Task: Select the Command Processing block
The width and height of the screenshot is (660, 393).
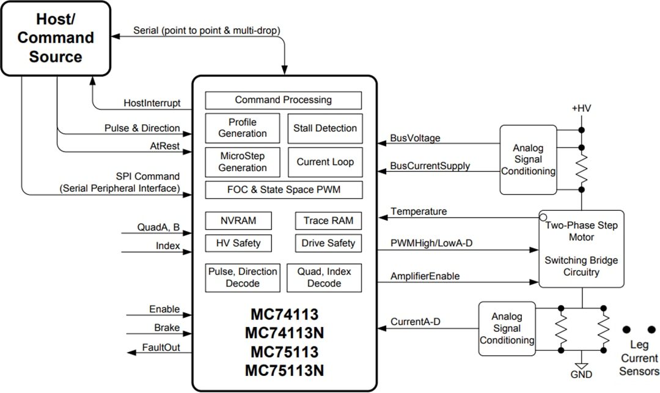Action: (x=283, y=100)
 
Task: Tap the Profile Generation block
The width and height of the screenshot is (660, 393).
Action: (x=243, y=128)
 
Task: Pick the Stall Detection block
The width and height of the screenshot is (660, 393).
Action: (x=324, y=128)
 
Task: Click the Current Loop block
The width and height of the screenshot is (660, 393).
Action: (x=324, y=163)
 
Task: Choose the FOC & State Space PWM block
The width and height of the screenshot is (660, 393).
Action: (x=283, y=190)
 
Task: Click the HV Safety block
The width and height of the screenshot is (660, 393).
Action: (x=238, y=243)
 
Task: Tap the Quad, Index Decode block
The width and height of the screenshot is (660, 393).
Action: (x=324, y=277)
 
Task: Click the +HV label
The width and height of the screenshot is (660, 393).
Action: (x=581, y=109)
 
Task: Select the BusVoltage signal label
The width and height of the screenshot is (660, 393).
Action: (x=415, y=138)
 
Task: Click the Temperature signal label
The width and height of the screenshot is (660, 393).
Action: (x=419, y=211)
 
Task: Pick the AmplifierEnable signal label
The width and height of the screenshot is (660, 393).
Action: (x=425, y=276)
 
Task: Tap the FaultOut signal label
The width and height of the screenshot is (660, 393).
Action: (x=161, y=348)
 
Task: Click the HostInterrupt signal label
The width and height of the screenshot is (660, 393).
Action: (x=152, y=103)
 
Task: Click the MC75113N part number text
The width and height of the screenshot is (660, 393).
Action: (x=284, y=370)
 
